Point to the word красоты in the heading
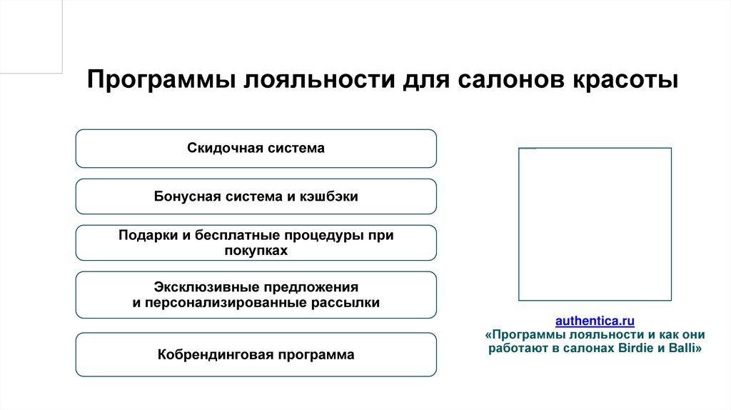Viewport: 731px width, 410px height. tap(623, 79)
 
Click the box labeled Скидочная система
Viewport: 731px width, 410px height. tap(256, 149)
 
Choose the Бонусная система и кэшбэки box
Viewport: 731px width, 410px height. tap(256, 196)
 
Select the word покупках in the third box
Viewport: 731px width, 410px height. tap(256, 251)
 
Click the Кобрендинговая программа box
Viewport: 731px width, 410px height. tap(256, 354)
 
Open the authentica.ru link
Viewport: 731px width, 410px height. tap(595, 320)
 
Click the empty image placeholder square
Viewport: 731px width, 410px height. tap(595, 224)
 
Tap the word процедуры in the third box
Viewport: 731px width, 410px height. tap(323, 236)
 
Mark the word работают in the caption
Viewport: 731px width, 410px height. tap(517, 349)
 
